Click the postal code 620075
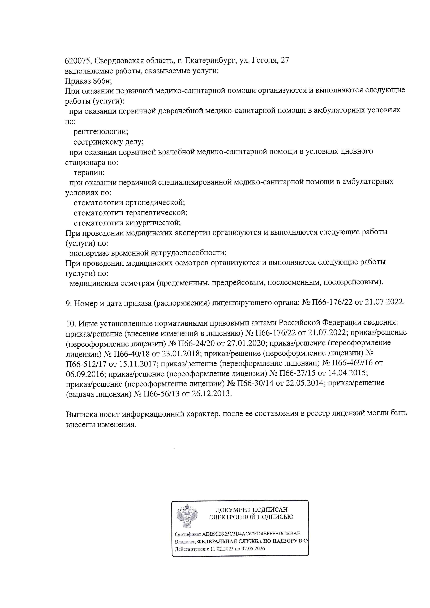pos(78,61)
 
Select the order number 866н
pos(103,81)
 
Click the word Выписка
pos(81,414)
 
